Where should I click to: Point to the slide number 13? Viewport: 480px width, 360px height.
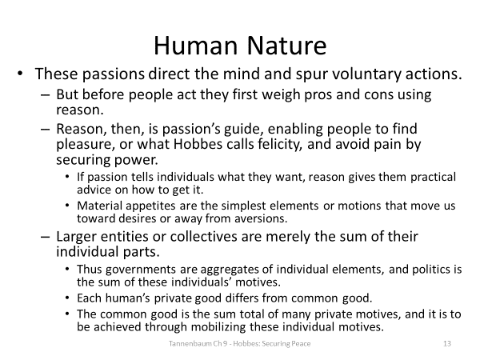(447, 344)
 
